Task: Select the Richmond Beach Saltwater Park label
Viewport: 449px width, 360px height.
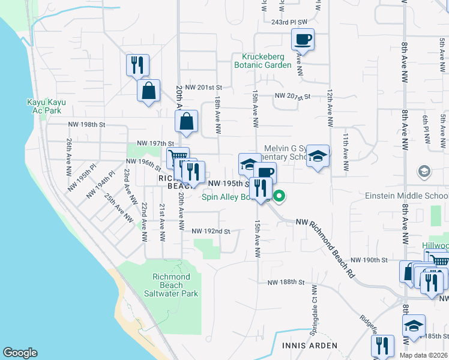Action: pos(171,285)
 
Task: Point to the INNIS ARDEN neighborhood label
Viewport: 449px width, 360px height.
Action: pos(306,346)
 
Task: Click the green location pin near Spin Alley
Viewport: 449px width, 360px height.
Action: pos(279,196)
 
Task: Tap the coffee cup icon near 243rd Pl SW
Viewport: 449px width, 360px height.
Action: pos(303,40)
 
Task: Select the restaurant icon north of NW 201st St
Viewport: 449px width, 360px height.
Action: pos(137,64)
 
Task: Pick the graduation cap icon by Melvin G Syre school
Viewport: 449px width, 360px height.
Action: pos(318,157)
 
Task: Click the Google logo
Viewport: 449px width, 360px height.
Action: pos(20,353)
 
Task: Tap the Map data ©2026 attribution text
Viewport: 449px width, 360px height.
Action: pos(423,355)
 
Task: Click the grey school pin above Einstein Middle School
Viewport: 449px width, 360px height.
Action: pos(424,172)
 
